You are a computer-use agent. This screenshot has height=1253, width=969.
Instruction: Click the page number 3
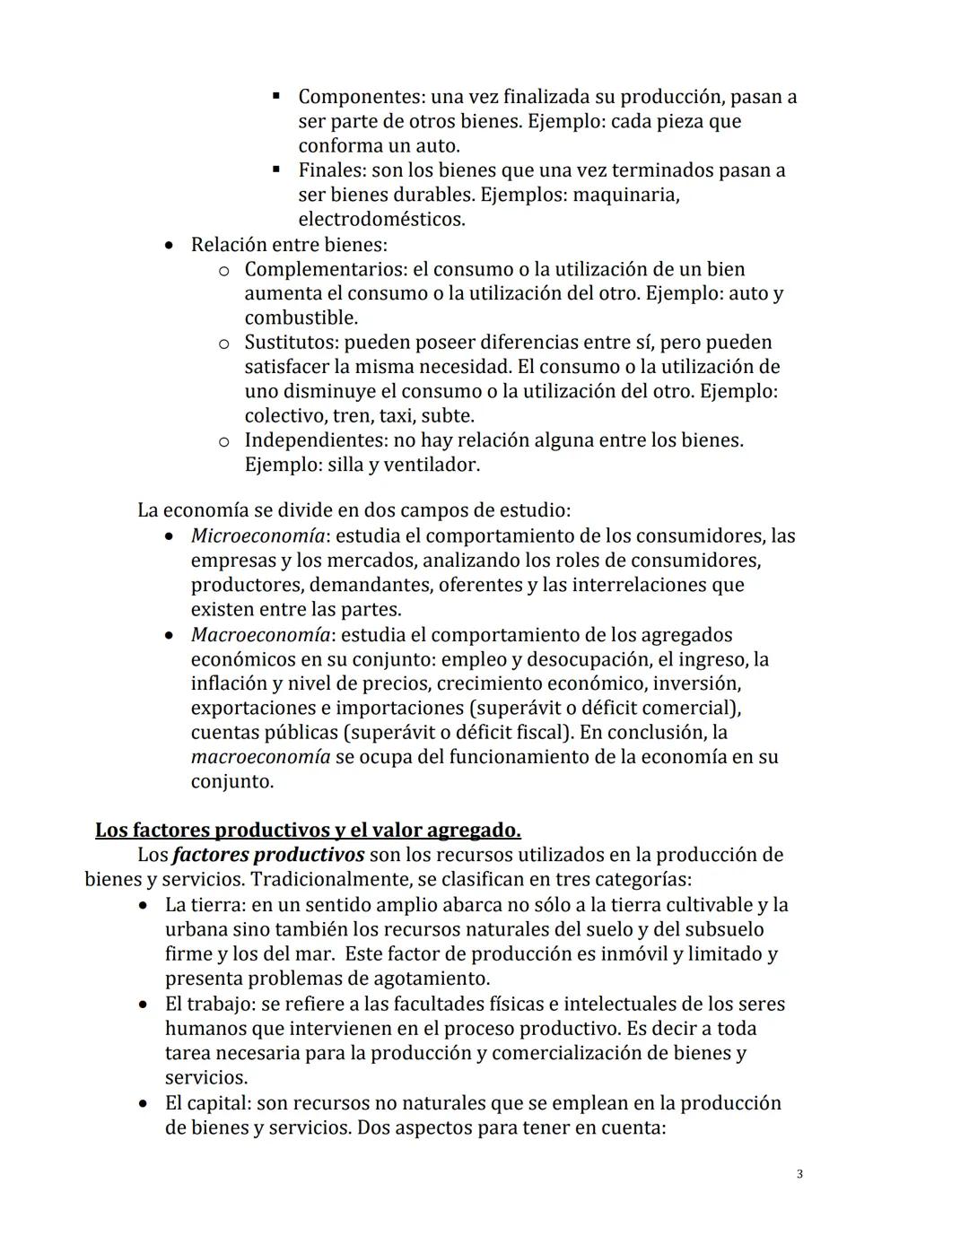[799, 1174]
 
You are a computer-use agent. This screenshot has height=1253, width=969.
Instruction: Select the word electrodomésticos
[380, 219]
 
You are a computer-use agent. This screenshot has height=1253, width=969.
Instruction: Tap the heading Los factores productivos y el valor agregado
[308, 830]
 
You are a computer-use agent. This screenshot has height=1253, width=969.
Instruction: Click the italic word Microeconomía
[257, 536]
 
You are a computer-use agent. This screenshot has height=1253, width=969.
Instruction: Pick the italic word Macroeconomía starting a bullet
[259, 635]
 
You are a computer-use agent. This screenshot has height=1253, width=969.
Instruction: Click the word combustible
[300, 318]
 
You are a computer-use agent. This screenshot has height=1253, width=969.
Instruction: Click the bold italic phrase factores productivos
[268, 855]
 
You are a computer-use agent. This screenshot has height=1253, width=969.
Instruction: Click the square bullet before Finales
[277, 170]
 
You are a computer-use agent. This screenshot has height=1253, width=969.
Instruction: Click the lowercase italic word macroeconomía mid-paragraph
[260, 757]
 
